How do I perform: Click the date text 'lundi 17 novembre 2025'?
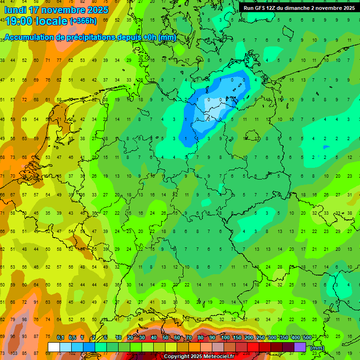(56, 10)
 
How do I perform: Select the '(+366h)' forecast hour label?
(83, 21)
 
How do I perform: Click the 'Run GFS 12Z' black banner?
(299, 8)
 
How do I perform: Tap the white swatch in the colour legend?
(54, 347)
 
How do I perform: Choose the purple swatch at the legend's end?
(300, 347)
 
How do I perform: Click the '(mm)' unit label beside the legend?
(317, 348)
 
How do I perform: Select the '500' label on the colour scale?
(307, 337)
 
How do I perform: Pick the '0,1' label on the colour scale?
(60, 337)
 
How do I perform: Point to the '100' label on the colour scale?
(225, 337)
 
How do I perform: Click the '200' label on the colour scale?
(248, 337)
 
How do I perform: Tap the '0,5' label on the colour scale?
(72, 337)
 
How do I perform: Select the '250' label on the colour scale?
(260, 337)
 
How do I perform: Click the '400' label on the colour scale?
(295, 337)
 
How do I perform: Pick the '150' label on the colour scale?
(237, 337)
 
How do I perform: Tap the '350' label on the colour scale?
(284, 337)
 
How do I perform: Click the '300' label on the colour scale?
(272, 337)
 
